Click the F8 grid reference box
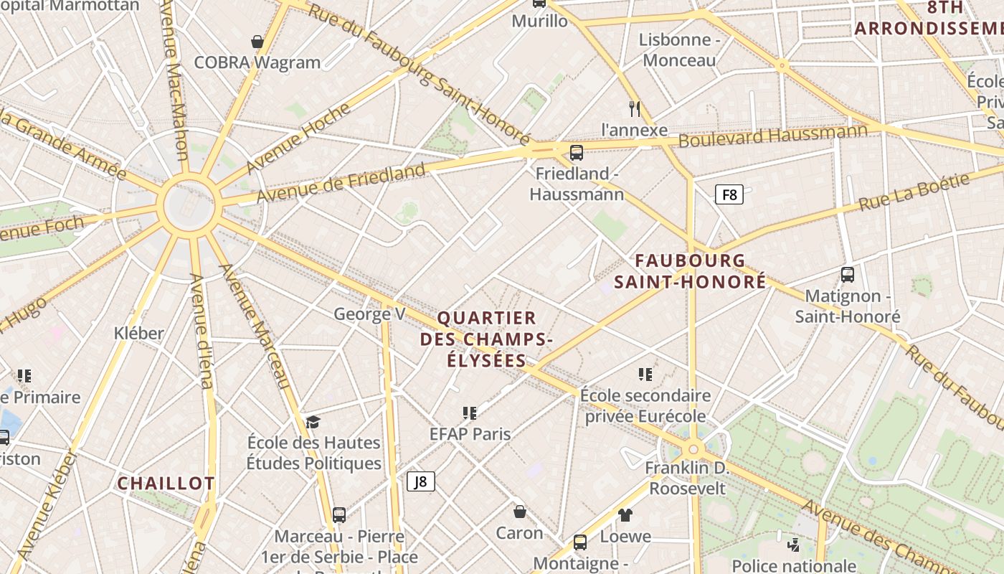coord(729,194)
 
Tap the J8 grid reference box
coord(421,481)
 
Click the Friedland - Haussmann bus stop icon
coord(577,152)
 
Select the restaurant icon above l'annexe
coord(634,108)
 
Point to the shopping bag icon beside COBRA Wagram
coord(257,42)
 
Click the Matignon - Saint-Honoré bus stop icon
coord(848,274)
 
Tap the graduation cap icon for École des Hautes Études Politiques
coord(313,421)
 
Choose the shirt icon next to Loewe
coord(625,514)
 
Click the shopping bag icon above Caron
coord(520,511)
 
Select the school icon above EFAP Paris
coord(470,413)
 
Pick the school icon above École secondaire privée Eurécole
coord(645,374)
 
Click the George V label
coord(369,314)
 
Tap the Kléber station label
coord(139,333)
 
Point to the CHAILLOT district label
coord(166,484)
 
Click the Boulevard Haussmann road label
coord(773,135)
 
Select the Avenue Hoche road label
coord(298,138)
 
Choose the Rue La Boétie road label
coord(914,192)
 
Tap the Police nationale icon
coord(793,545)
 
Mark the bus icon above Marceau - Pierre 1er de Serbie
coord(339,514)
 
